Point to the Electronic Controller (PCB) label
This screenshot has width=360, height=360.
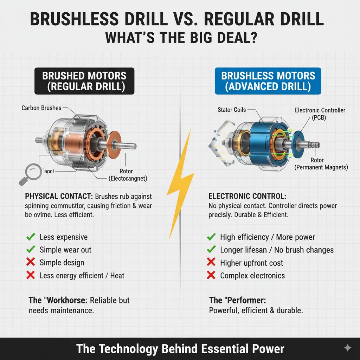pos(320,114)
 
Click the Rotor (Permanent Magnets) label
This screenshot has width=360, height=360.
pos(321,164)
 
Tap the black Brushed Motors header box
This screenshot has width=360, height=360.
pos(84,81)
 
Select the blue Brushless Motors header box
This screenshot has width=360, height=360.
pos(268,81)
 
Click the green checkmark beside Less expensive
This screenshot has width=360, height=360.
pos(31,237)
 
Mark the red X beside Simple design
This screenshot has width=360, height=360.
pos(31,263)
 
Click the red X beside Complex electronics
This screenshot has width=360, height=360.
pos(211,275)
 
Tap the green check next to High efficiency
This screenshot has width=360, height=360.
pos(211,237)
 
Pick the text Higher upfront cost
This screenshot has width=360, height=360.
pos(251,263)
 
